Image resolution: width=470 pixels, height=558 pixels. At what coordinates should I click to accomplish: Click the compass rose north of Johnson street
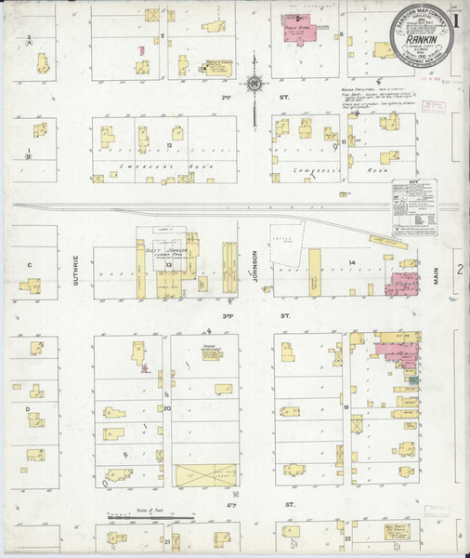(x=253, y=89)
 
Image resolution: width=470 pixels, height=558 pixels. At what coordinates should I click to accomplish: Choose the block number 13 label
(x=169, y=265)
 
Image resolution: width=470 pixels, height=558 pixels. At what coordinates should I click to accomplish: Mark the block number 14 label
(x=352, y=264)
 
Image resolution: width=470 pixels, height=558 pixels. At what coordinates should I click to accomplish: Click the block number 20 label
(x=168, y=407)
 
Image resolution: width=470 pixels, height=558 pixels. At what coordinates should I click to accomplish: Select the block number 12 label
(x=170, y=146)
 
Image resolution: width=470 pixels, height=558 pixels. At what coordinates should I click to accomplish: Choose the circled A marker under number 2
(x=30, y=43)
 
